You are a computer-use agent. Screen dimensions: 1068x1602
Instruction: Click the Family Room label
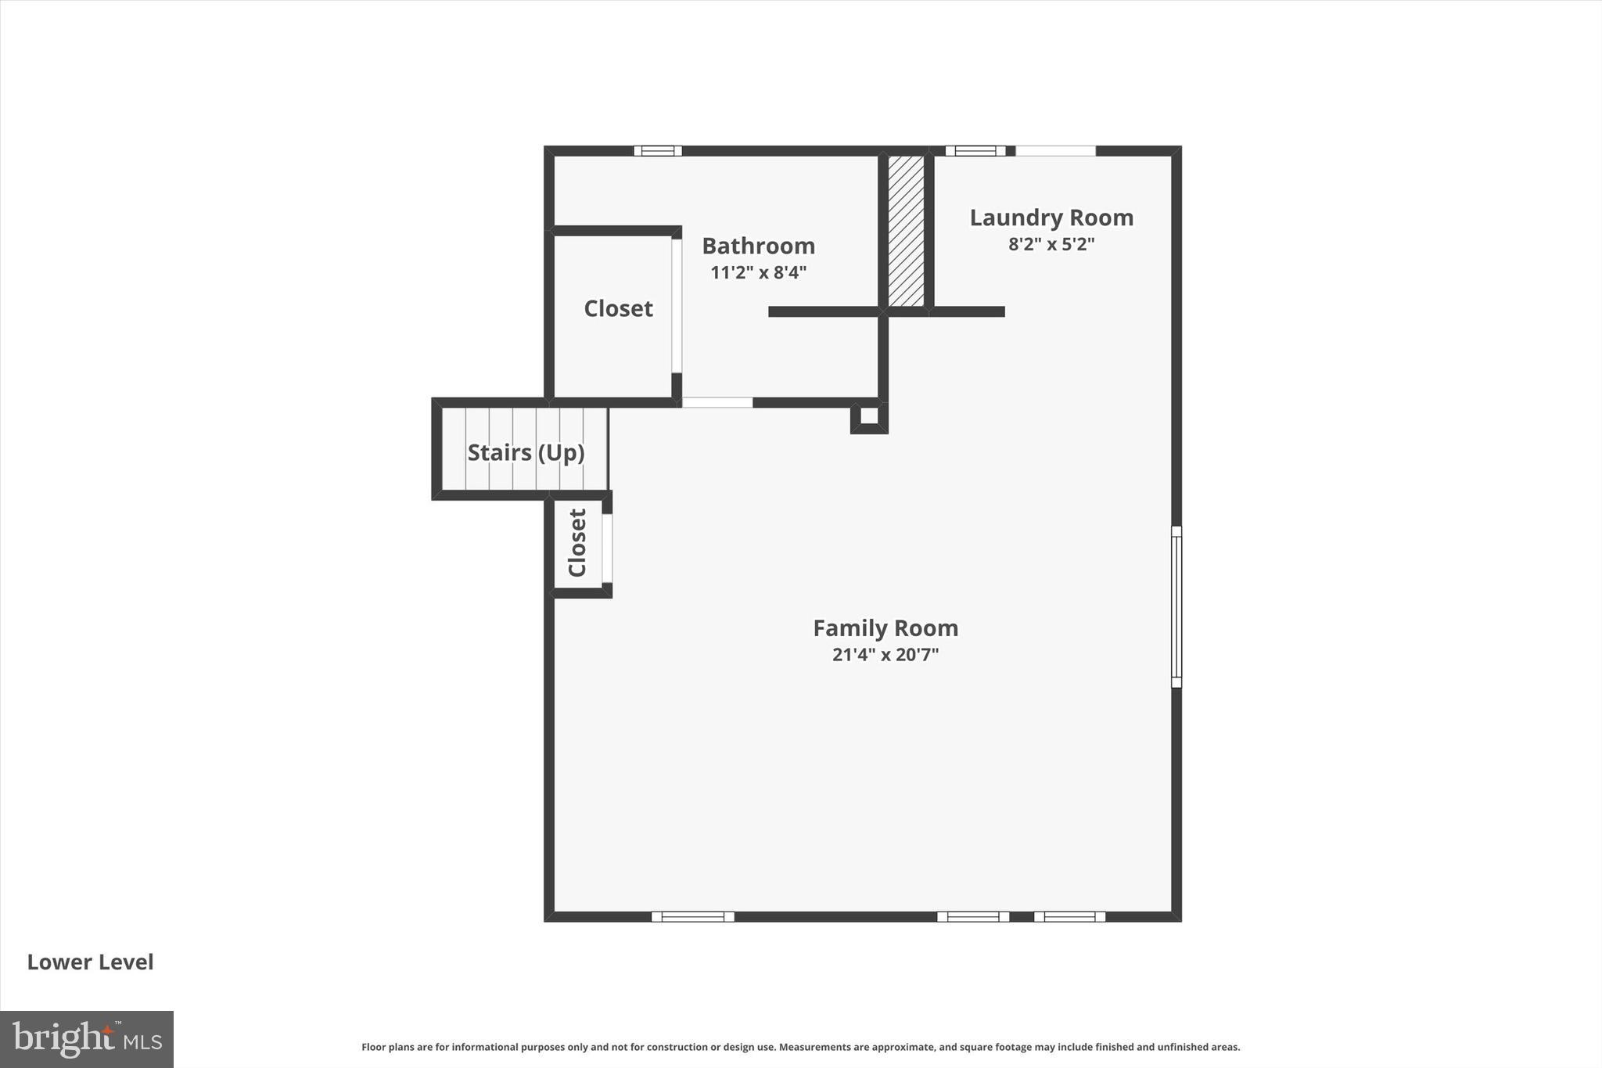885,628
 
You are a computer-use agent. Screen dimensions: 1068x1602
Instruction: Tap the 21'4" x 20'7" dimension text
885,655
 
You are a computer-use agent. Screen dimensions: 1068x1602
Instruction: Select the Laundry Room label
1051,218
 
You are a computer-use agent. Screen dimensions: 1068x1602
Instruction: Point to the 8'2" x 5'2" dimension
1051,244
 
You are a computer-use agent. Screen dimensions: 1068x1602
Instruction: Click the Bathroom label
758,246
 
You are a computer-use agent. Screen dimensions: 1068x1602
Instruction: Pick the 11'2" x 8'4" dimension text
758,272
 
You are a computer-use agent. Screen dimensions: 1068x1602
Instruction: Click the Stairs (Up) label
526,452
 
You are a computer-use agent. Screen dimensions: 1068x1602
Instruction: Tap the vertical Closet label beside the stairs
577,543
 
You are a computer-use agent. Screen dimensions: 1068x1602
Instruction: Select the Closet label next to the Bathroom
618,308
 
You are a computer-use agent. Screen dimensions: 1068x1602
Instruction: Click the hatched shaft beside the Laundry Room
906,231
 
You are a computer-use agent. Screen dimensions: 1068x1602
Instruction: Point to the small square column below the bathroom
869,415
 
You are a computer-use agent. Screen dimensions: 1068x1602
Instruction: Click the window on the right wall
1176,606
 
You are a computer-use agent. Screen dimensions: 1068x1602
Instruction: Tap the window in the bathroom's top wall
657,151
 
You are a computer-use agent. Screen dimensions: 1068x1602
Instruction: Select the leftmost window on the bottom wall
692,916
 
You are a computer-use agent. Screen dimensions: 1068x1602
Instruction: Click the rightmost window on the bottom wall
1069,916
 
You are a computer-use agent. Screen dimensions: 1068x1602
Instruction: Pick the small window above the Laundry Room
975,151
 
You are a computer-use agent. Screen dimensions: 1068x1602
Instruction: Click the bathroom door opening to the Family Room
717,402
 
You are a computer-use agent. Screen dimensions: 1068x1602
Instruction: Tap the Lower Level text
90,962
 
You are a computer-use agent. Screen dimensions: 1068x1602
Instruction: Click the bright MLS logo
87,1039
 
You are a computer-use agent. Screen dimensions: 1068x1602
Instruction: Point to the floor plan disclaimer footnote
800,1047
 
